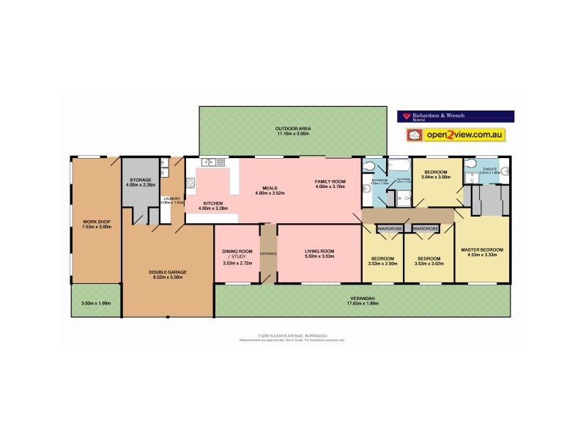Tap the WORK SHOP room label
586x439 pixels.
coord(95,220)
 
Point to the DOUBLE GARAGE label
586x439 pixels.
coord(168,271)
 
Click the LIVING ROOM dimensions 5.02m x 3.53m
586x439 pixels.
coord(319,257)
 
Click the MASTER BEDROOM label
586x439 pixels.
coord(482,250)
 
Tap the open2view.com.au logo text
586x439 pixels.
coord(466,135)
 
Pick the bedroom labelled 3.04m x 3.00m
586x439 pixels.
coord(435,176)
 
